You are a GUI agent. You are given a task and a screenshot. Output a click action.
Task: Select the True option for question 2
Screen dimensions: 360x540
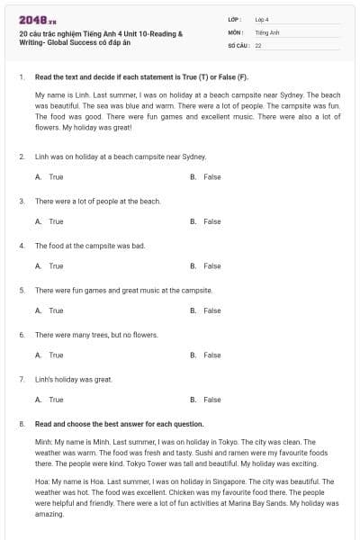pyautogui.click(x=56, y=177)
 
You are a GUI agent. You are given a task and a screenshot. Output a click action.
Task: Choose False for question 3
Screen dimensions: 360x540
pyautogui.click(x=211, y=221)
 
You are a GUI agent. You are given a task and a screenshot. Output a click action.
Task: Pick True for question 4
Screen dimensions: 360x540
pyautogui.click(x=56, y=265)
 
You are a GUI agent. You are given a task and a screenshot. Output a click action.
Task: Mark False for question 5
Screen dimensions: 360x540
pyautogui.click(x=211, y=310)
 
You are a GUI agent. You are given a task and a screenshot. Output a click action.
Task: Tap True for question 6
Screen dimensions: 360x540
pyautogui.click(x=56, y=355)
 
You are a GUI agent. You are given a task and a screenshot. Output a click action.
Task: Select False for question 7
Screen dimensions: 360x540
pyautogui.click(x=211, y=400)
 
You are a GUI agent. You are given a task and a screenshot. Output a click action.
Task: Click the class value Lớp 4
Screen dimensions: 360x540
pyautogui.click(x=262, y=19)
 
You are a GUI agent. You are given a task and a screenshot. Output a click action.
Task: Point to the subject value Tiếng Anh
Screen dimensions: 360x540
pyautogui.click(x=266, y=31)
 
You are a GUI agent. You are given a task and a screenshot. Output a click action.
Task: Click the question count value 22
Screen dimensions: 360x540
pyautogui.click(x=258, y=45)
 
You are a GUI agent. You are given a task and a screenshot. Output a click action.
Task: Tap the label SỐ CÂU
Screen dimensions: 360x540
pyautogui.click(x=237, y=45)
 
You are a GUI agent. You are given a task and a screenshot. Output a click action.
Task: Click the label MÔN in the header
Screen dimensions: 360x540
pyautogui.click(x=235, y=31)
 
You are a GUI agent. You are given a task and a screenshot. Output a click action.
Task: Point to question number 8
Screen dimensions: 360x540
pyautogui.click(x=21, y=423)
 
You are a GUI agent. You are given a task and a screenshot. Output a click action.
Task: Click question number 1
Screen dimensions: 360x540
pyautogui.click(x=21, y=77)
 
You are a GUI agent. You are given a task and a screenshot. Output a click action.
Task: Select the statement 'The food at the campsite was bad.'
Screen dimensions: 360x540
pyautogui.click(x=90, y=245)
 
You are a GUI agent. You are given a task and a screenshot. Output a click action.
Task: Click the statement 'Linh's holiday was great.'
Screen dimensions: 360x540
pyautogui.click(x=74, y=379)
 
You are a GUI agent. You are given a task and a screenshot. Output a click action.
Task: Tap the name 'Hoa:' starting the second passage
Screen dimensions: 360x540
pyautogui.click(x=43, y=481)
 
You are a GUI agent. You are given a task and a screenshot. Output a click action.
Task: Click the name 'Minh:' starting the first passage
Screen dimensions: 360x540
pyautogui.click(x=44, y=442)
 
